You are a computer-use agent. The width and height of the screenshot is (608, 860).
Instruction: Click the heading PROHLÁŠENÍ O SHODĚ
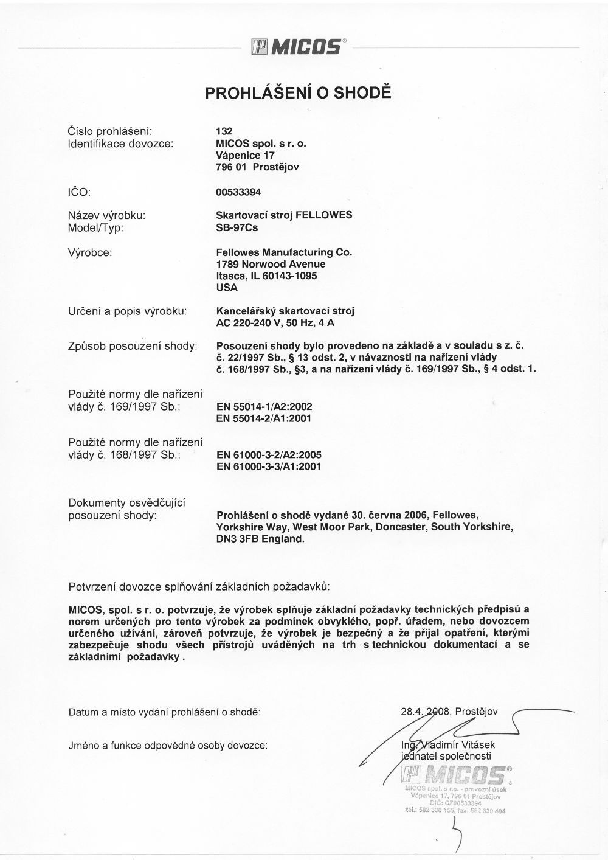[x=298, y=93]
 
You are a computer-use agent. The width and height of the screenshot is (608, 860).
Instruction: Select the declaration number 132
[x=224, y=131]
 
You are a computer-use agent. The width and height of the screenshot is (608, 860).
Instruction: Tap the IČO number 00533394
[x=238, y=192]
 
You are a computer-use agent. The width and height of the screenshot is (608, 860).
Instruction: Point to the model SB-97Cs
[x=237, y=228]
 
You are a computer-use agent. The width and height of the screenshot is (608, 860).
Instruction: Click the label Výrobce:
[x=90, y=252]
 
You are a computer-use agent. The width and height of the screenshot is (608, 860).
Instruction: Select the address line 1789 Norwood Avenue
[x=271, y=264]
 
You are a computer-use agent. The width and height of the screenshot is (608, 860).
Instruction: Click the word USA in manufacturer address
[x=227, y=288]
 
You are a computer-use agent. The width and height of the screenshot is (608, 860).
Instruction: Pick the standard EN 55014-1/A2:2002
[x=264, y=406]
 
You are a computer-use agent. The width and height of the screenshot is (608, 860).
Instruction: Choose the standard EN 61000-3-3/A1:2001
[x=268, y=466]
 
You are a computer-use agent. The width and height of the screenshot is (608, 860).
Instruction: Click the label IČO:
[x=79, y=192]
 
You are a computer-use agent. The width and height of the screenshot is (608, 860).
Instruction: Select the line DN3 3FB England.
[x=260, y=539]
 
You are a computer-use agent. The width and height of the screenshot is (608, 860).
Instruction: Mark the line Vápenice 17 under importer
[x=241, y=155]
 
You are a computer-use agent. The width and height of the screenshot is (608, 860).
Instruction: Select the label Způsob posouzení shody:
[x=132, y=346]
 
